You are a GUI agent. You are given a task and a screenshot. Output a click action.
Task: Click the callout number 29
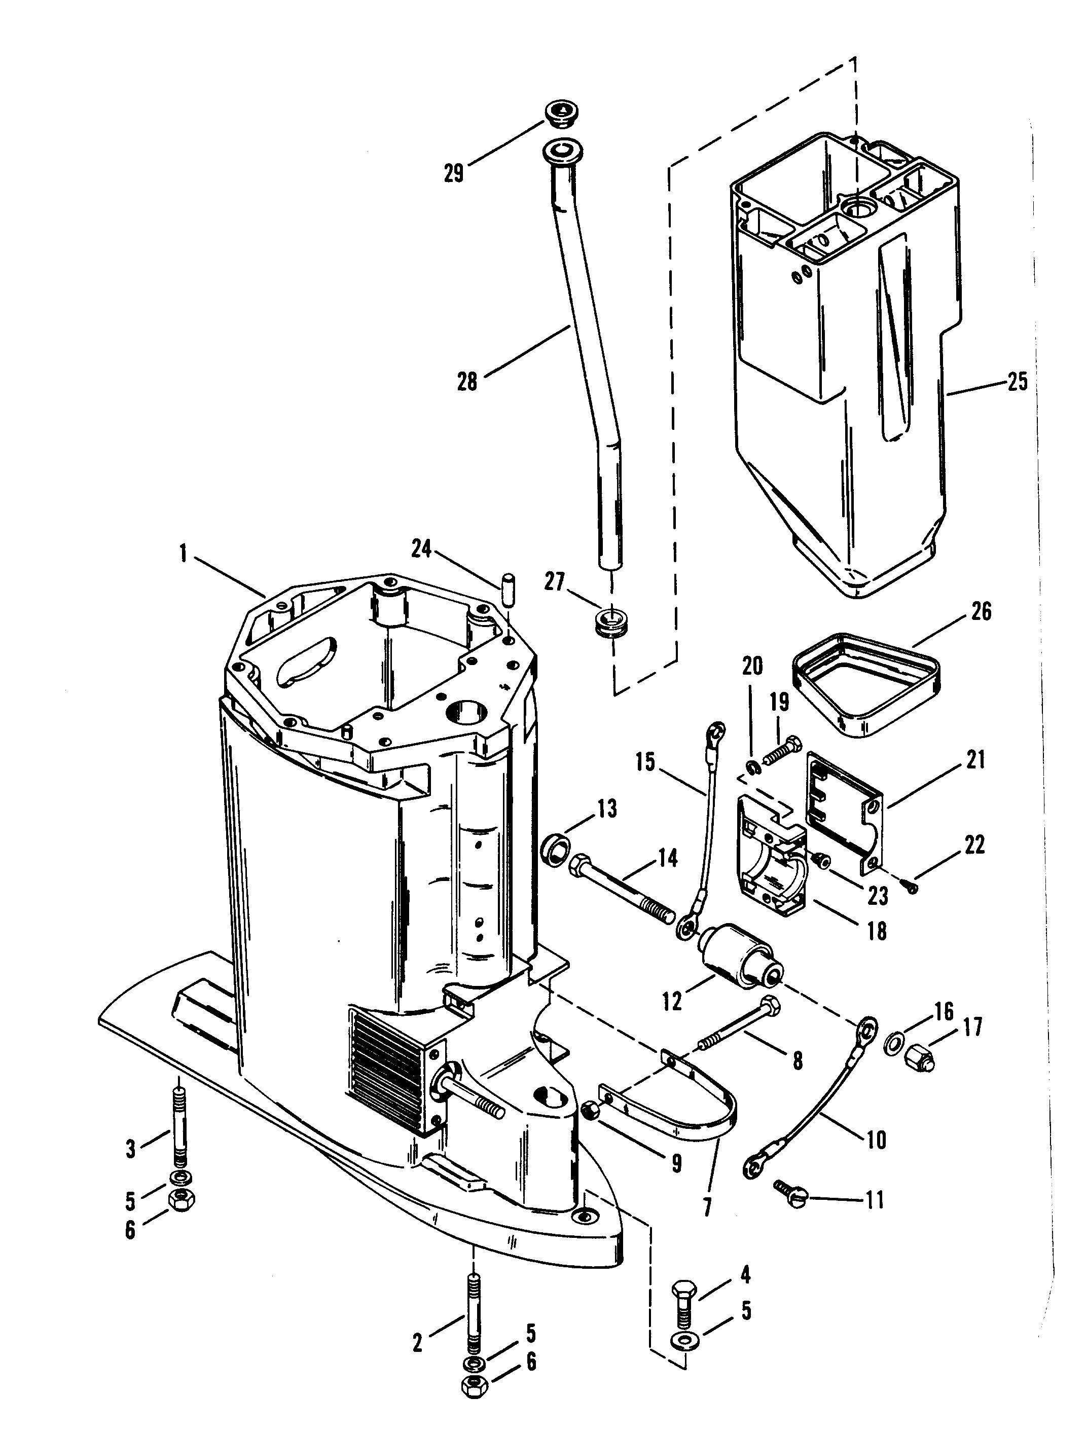[x=453, y=173]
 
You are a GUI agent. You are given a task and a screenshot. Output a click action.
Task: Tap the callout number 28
[x=466, y=382]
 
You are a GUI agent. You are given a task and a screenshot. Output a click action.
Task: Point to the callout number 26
[x=982, y=612]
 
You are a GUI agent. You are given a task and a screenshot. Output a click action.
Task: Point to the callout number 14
[x=668, y=858]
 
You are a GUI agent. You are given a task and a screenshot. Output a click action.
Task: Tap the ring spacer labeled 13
[x=557, y=846]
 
